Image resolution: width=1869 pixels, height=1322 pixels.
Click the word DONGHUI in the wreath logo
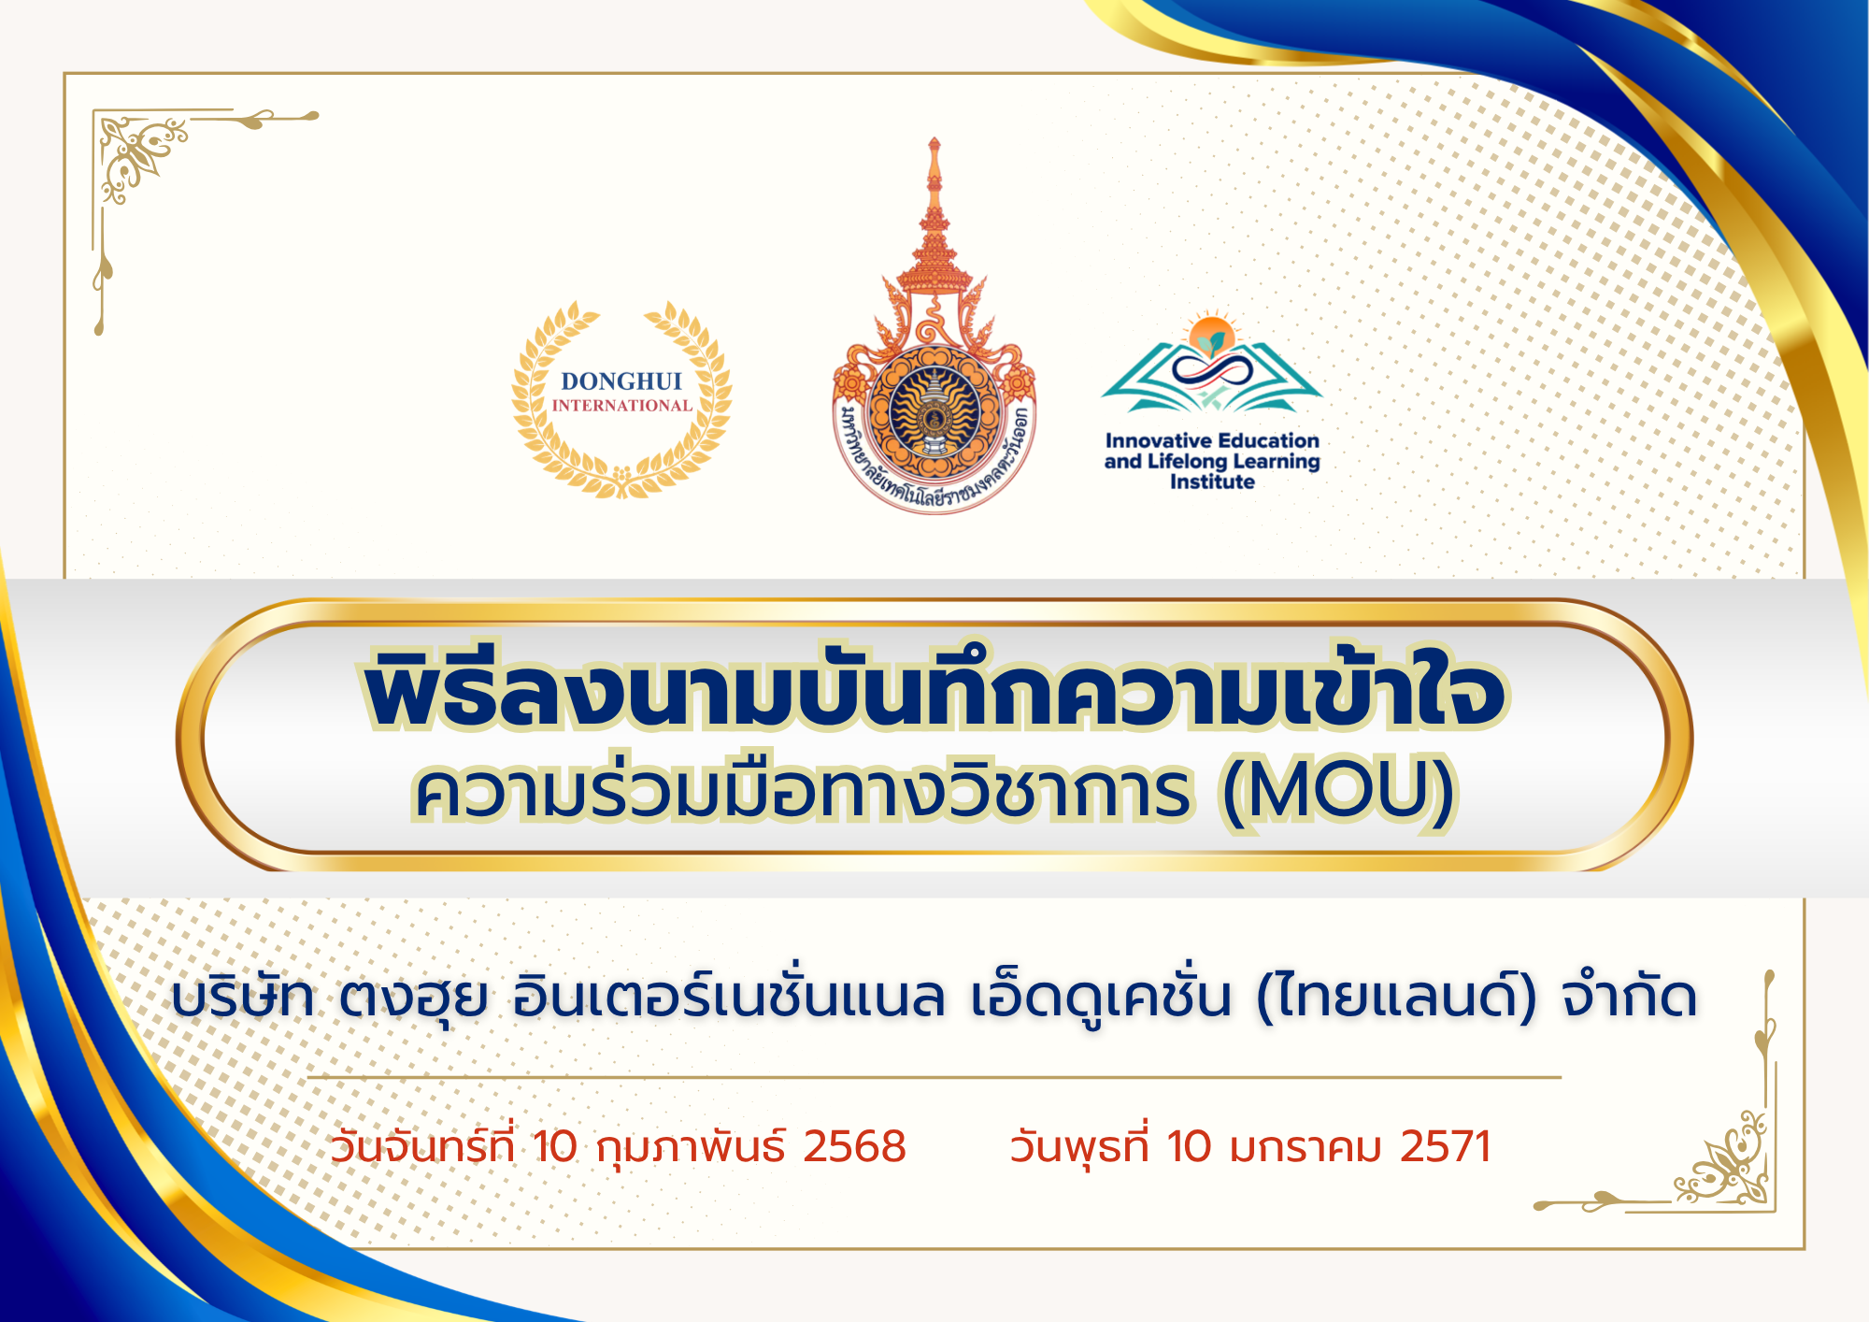click(x=621, y=381)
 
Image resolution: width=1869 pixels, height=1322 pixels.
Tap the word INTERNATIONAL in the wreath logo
click(x=621, y=406)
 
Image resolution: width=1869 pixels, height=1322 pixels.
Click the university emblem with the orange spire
click(x=934, y=327)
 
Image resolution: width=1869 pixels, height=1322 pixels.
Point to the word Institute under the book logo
click(x=1212, y=482)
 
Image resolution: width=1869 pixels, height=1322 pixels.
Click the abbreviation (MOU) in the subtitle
click(x=1338, y=791)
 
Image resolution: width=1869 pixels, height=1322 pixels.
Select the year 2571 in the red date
click(x=1445, y=1146)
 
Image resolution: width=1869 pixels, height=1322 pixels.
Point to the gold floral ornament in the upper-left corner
click(x=140, y=154)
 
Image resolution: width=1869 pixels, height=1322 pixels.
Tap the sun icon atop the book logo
click(x=1212, y=333)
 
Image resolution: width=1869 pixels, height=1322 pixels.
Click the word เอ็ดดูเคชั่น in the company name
click(x=1101, y=996)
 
